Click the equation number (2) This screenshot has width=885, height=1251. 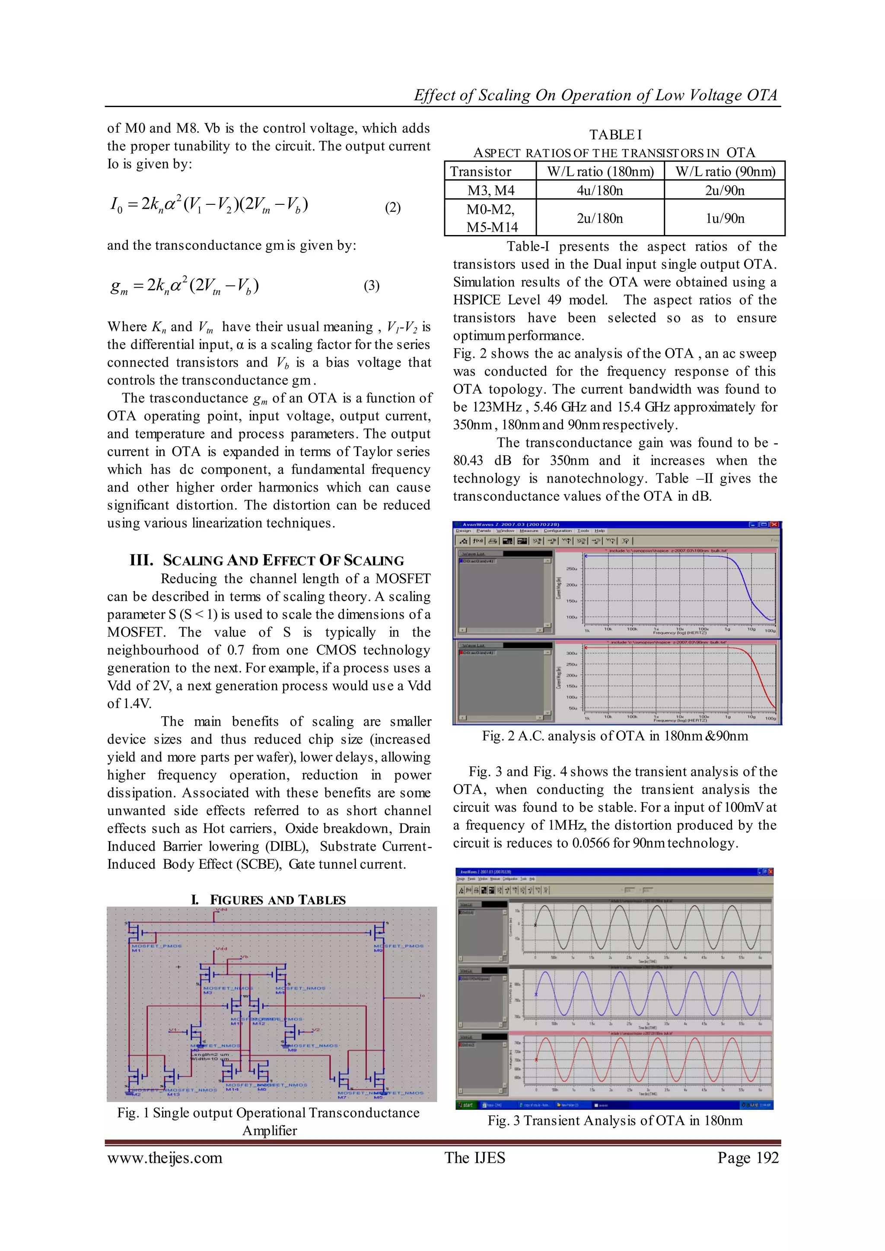click(392, 208)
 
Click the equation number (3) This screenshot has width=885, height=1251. click(371, 286)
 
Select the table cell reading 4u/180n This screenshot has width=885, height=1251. click(599, 190)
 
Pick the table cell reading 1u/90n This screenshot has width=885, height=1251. click(724, 218)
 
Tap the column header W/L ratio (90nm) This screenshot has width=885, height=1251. click(725, 171)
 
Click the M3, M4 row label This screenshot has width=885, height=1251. click(490, 190)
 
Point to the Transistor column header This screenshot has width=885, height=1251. click(480, 171)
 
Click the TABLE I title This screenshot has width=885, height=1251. click(615, 135)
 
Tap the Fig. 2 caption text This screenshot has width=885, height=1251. click(615, 736)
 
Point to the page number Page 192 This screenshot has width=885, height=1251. click(748, 1158)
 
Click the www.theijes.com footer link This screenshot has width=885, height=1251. click(165, 1158)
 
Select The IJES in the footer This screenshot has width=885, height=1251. click(474, 1158)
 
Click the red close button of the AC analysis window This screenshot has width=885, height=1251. click(774, 525)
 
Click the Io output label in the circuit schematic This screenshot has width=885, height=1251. click(422, 996)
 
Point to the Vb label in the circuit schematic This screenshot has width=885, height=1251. click(245, 957)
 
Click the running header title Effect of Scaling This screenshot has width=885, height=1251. click(595, 95)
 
